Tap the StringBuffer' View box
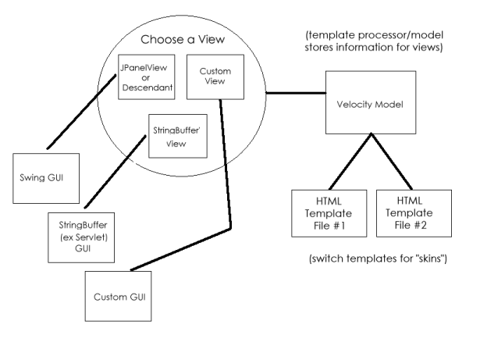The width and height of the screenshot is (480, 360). (x=174, y=134)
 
